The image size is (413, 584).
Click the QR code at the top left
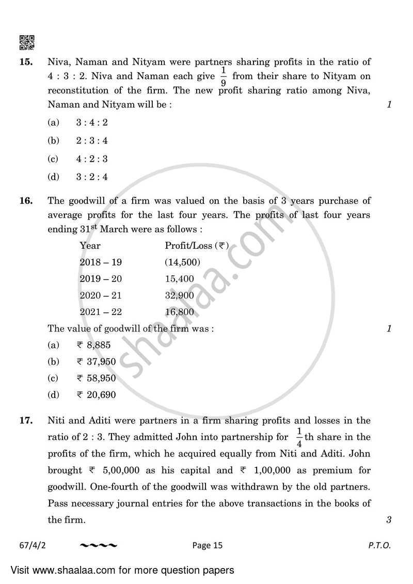click(x=27, y=42)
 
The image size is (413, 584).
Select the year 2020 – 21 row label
click(x=101, y=295)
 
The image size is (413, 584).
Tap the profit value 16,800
click(x=179, y=312)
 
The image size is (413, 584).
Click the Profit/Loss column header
click(x=197, y=246)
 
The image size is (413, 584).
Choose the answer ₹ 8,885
click(x=93, y=345)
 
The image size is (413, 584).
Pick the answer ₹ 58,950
click(x=96, y=378)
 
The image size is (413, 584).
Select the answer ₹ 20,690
click(x=96, y=395)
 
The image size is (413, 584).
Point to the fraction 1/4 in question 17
click(x=298, y=437)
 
